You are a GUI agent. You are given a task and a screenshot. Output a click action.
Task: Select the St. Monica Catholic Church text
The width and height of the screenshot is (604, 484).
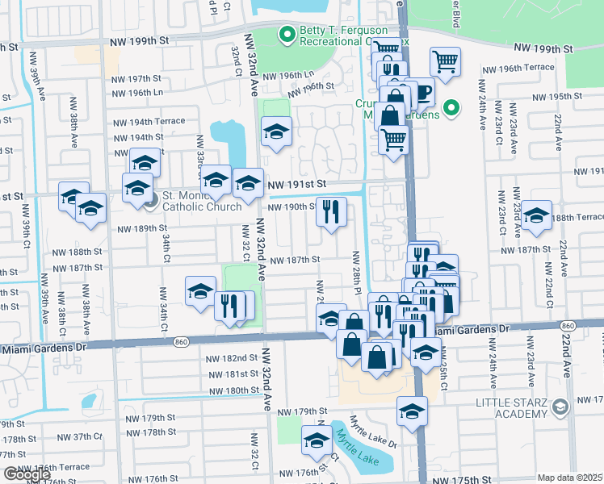202,200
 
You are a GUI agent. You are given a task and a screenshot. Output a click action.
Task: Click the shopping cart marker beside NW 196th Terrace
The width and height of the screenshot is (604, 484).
445,60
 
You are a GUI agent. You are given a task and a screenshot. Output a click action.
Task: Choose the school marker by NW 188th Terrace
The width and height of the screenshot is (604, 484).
536,215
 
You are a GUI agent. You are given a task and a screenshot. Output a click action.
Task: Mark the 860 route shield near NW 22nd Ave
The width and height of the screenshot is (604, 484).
568,325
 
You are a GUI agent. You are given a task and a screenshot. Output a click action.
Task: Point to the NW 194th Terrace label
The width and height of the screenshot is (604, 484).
147,121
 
